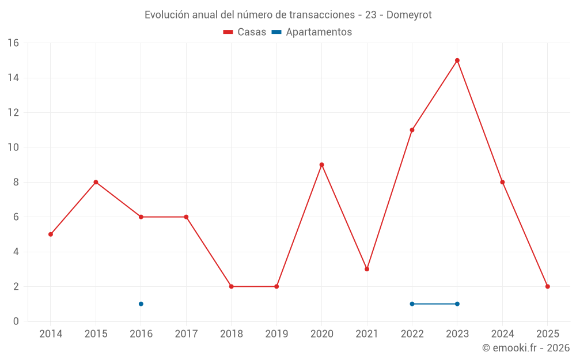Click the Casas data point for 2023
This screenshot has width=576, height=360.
pyautogui.click(x=457, y=60)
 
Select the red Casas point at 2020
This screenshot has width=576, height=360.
pyautogui.click(x=321, y=165)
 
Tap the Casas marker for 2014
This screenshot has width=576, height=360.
pyautogui.click(x=51, y=234)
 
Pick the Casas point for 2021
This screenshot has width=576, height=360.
pyautogui.click(x=367, y=269)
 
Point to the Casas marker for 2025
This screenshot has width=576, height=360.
pyautogui.click(x=548, y=286)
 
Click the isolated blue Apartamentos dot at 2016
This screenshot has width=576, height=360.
pyautogui.click(x=141, y=304)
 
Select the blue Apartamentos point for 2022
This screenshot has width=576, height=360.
pyautogui.click(x=412, y=304)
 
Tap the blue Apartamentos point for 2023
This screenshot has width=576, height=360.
pyautogui.click(x=457, y=304)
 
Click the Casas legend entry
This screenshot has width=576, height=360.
pyautogui.click(x=245, y=32)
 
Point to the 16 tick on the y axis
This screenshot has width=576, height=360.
pyautogui.click(x=13, y=43)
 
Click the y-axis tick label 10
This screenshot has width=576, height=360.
pyautogui.click(x=13, y=147)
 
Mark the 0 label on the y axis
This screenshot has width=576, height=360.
pyautogui.click(x=16, y=321)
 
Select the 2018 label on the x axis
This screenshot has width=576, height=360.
pyautogui.click(x=231, y=334)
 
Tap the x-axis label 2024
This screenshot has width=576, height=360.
pyautogui.click(x=502, y=334)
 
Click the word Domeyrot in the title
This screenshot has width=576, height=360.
pyautogui.click(x=409, y=15)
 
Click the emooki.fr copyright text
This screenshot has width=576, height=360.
pyautogui.click(x=526, y=348)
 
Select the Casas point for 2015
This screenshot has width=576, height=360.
pyautogui.click(x=96, y=182)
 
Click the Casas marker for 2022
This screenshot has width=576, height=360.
pyautogui.click(x=412, y=130)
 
